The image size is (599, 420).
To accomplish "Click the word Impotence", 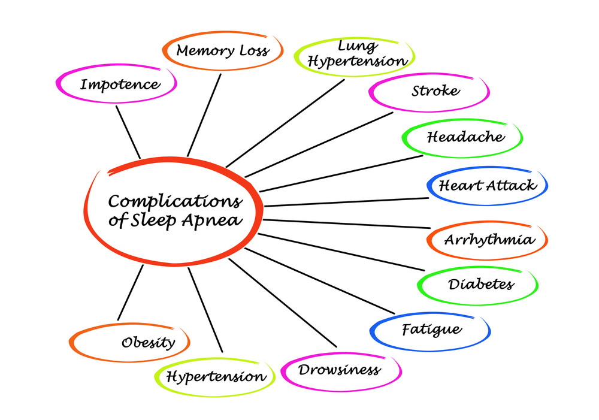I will [120, 84].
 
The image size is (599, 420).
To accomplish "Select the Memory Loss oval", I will [222, 51].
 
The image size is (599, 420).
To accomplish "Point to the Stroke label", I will [435, 91].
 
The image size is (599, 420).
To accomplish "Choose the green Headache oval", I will [465, 137].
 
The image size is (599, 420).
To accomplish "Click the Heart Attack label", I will [488, 185].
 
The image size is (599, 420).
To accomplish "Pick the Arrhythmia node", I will [489, 240].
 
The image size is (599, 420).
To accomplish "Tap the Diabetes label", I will [480, 283].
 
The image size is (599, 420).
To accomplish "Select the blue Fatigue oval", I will [431, 330].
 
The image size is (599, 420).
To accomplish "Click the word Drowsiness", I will [339, 369].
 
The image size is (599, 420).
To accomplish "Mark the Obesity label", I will [148, 343].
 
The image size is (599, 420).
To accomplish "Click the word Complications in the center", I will [175, 201].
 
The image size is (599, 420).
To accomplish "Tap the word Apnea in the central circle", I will [217, 220].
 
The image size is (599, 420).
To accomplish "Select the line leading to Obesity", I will [131, 292].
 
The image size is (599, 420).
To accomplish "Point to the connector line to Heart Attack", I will [347, 202].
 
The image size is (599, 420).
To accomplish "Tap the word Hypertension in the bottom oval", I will [216, 377].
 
